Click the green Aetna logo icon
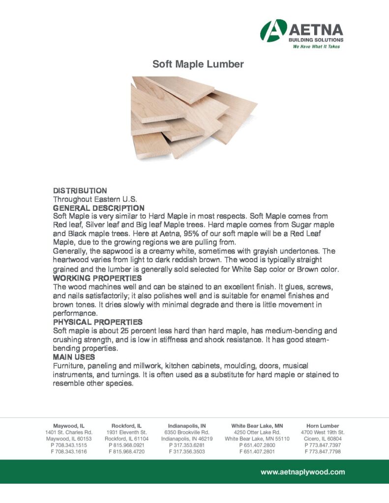click(274, 30)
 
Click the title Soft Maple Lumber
click(198, 64)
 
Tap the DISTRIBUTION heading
click(80, 190)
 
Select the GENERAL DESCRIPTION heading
click(98, 208)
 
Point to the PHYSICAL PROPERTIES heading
click(98, 322)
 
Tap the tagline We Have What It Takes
click(316, 47)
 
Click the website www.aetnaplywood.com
click(302, 472)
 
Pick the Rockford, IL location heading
click(126, 426)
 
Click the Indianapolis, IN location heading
click(186, 426)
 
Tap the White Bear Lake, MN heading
click(257, 426)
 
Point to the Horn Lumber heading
click(323, 426)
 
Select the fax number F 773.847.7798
click(323, 451)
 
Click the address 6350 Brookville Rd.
click(186, 432)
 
